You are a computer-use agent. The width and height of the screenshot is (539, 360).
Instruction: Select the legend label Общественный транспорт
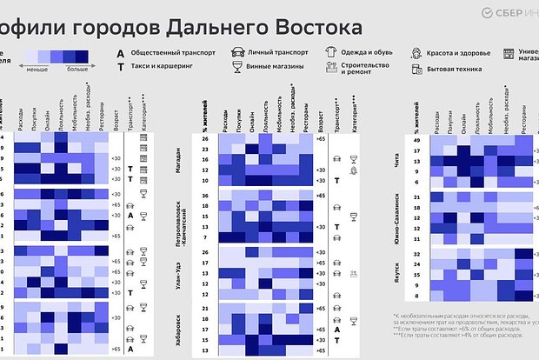(x=172, y=52)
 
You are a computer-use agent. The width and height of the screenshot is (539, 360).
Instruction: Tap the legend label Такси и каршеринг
(x=163, y=66)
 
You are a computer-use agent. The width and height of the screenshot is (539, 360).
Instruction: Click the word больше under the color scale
(x=77, y=68)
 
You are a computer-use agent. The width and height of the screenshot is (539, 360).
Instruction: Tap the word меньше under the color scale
(x=37, y=68)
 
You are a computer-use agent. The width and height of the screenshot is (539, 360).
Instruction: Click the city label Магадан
(x=178, y=159)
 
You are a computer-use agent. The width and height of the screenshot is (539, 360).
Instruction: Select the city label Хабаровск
(x=178, y=329)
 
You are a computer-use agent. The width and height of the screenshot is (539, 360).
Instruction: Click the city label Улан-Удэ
(x=178, y=271)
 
